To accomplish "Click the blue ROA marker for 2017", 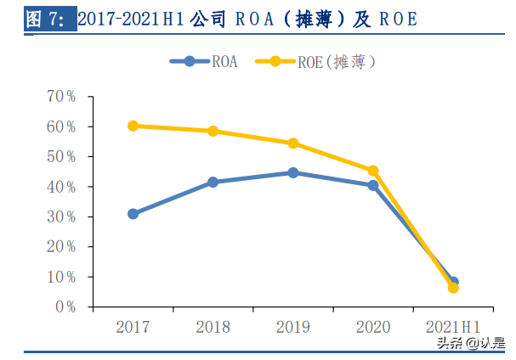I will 133,214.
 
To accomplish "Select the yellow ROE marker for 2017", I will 133,126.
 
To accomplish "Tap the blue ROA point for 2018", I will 213,182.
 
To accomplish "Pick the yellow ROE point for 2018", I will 213,131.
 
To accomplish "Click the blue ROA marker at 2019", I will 293,172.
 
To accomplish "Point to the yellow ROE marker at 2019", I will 293,143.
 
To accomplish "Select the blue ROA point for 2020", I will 373,185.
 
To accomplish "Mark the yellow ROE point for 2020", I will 373,171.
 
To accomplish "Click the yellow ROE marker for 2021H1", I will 453,288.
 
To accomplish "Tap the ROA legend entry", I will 205,61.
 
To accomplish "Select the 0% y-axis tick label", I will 65,307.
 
